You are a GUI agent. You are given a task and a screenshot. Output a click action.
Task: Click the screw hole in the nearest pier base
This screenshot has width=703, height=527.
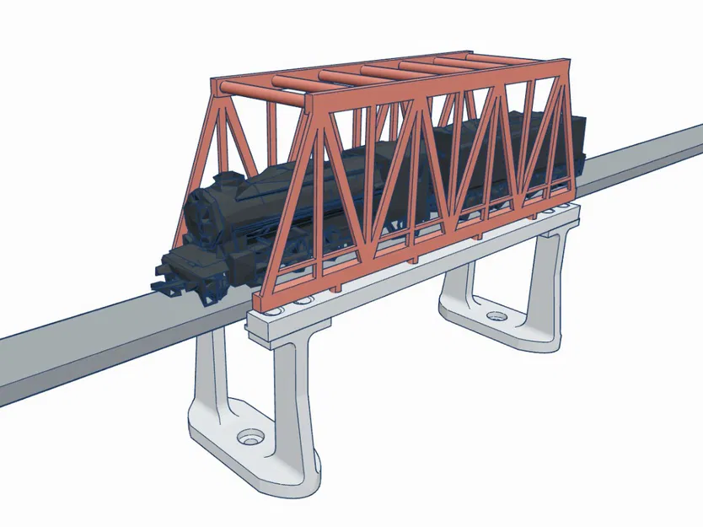click(249, 438)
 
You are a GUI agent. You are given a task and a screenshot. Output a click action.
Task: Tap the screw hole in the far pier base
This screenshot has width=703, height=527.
click(495, 318)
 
